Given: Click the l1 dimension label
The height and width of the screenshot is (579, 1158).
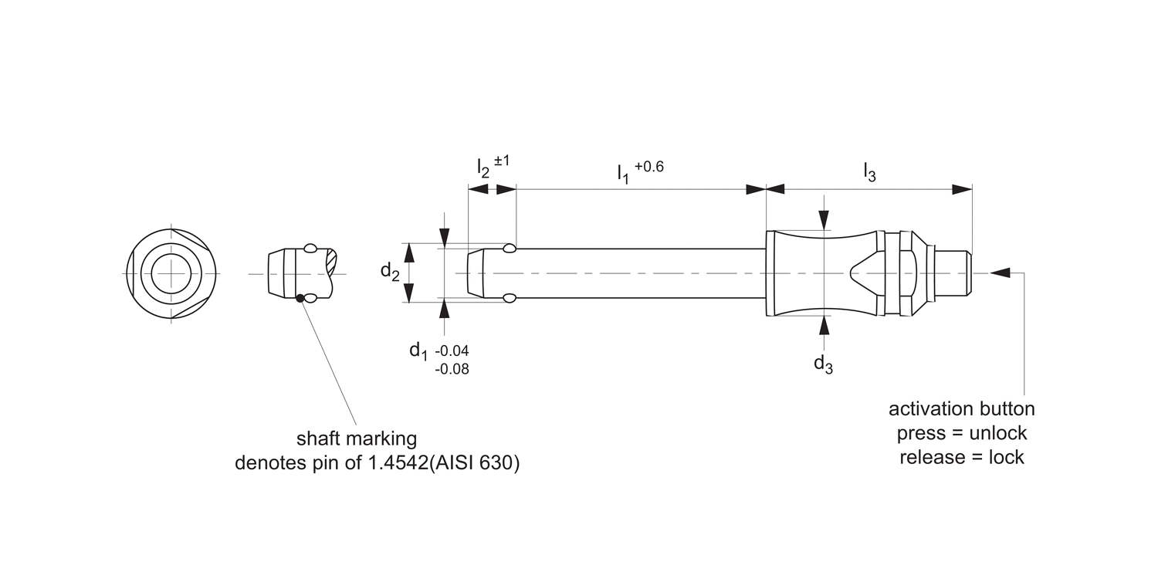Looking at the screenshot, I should tap(622, 173).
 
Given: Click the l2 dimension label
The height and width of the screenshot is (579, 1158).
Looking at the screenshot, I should tap(483, 168).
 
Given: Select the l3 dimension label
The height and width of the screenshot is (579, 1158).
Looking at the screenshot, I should tap(869, 173).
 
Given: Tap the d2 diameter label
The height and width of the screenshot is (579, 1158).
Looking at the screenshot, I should tap(390, 271).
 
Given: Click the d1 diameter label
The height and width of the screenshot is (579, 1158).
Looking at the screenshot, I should tap(418, 350).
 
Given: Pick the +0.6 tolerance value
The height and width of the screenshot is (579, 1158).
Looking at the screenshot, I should tap(649, 165).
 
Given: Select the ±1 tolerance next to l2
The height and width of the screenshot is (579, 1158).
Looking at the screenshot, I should tap(502, 161).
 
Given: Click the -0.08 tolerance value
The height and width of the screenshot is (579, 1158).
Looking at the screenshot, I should tap(452, 369).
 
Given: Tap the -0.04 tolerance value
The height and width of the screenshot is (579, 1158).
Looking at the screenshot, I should tap(452, 351).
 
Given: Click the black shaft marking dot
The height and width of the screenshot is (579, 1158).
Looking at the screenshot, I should tap(300, 298).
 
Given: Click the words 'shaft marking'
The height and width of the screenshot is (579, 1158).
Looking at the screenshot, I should tap(357, 438).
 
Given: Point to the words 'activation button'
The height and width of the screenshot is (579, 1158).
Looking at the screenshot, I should tap(961, 408).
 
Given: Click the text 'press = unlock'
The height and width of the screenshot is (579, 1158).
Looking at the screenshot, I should tap(961, 432).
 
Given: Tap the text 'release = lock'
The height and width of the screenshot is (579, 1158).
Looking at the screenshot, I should tap(961, 457).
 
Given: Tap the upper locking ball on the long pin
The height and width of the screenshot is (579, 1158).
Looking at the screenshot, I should tap(510, 249).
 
